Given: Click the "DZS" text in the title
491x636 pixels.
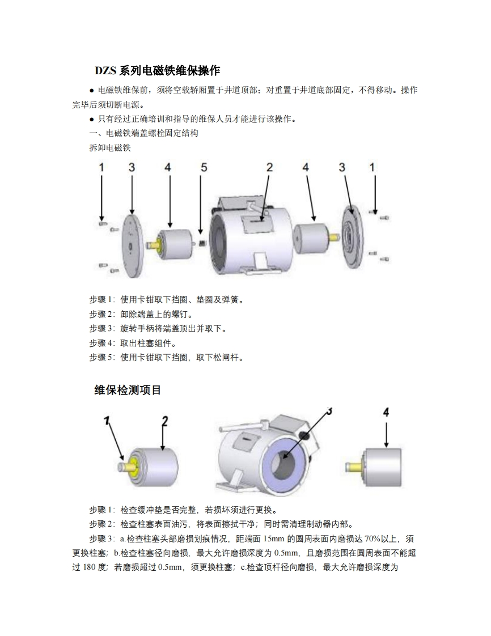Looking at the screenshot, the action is tap(105, 71).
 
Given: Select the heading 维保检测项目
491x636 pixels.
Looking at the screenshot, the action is tap(128, 390).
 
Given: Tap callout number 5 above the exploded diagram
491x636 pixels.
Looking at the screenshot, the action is tap(204, 167).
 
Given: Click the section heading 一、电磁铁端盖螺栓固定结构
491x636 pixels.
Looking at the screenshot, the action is tap(143, 134).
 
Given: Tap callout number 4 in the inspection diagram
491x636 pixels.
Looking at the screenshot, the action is tap(386, 413).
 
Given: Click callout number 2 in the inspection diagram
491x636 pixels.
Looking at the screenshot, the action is tap(164, 421).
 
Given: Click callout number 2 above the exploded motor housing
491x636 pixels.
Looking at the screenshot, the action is tap(269, 167).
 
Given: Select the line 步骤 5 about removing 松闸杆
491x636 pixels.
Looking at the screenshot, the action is tap(167, 358).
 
